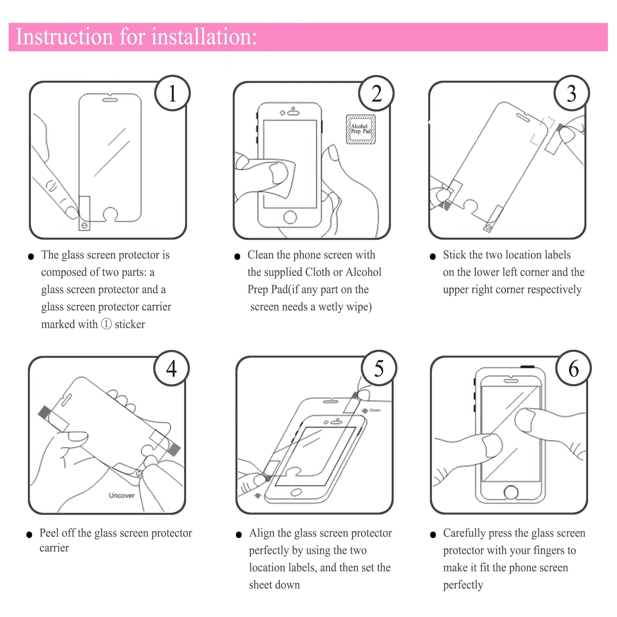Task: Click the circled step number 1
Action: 172,93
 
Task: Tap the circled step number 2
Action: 377,93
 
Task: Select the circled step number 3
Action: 572,93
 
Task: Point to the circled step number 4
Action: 172,368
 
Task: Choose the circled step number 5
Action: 379,368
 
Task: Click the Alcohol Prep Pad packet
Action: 361,129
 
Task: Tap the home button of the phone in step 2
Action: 290,217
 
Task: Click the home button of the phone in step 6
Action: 511,492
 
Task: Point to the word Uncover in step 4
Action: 122,495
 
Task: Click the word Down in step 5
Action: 375,410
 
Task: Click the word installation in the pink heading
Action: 204,37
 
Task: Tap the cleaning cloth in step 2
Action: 281,179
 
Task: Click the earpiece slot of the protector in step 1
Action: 110,100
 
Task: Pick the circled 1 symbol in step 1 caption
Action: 106,324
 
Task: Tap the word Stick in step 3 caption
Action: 454,255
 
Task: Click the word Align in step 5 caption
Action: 262,533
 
